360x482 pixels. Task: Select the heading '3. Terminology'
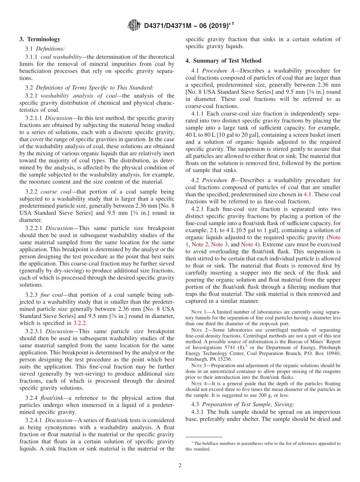click(40, 39)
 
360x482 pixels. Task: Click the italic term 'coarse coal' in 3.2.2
click(54, 192)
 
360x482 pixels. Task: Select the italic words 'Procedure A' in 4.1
click(218, 70)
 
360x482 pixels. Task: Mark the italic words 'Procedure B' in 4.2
click(218, 180)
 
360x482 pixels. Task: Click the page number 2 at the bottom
click(180, 465)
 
